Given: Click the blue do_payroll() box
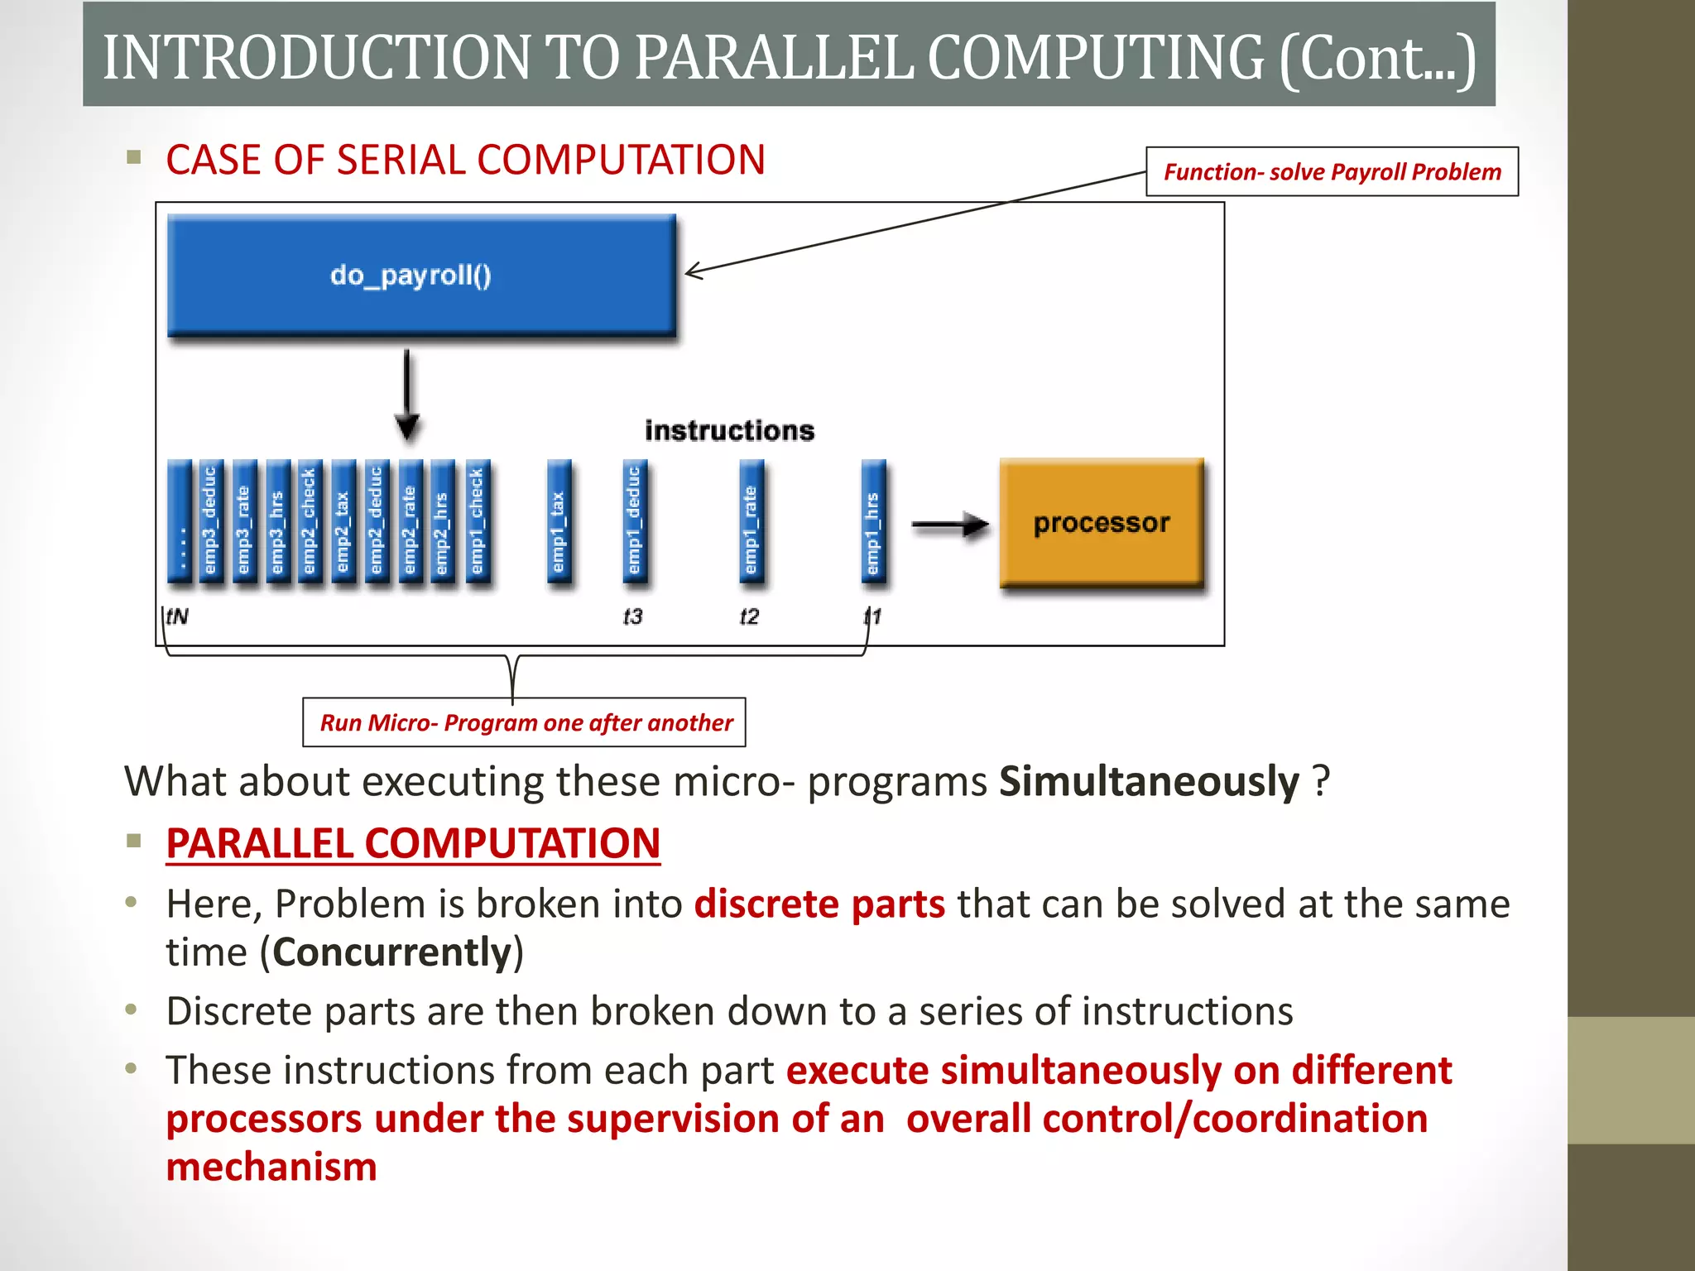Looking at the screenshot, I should click(x=421, y=276).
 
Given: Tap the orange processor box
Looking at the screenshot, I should click(x=1102, y=523).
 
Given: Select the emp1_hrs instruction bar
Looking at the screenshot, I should click(x=873, y=524).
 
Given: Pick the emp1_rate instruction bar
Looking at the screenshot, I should click(x=751, y=524).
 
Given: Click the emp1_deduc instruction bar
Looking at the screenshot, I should click(x=635, y=524).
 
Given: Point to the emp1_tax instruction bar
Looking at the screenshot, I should click(x=559, y=524).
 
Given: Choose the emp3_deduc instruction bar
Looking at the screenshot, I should click(x=210, y=524).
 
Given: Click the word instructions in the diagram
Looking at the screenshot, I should click(x=729, y=430).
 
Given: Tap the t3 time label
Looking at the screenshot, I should click(x=632, y=616).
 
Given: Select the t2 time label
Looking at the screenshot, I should click(x=749, y=616).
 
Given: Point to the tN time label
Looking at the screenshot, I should click(x=177, y=616).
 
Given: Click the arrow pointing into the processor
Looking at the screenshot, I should click(x=950, y=525).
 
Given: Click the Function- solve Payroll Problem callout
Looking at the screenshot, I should click(x=1332, y=172).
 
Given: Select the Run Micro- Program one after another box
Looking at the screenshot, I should click(x=525, y=722).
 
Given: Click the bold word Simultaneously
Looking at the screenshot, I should click(x=1149, y=781).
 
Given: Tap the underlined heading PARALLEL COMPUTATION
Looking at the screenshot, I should click(x=413, y=843).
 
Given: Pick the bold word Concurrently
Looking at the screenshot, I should click(x=392, y=952).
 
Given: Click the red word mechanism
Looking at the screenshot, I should click(x=271, y=1167).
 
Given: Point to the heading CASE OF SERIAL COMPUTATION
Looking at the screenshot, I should click(x=465, y=160).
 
